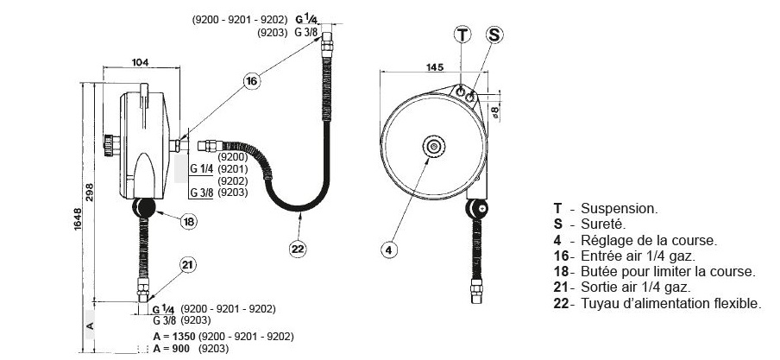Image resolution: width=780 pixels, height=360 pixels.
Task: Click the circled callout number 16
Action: tap(252, 81)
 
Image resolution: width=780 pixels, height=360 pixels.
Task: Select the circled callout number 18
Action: tap(188, 221)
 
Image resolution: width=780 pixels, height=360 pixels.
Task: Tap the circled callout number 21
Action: tap(187, 266)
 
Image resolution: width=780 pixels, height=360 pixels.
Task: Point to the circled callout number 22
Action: tap(298, 249)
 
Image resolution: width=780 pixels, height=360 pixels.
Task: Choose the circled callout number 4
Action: tap(389, 249)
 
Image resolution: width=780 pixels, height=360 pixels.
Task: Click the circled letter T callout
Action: tap(462, 35)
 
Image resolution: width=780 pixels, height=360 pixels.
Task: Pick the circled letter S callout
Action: tap(494, 35)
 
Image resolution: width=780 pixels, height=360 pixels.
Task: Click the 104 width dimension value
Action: tap(141, 63)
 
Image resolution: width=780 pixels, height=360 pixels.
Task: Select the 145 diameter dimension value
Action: tap(435, 67)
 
